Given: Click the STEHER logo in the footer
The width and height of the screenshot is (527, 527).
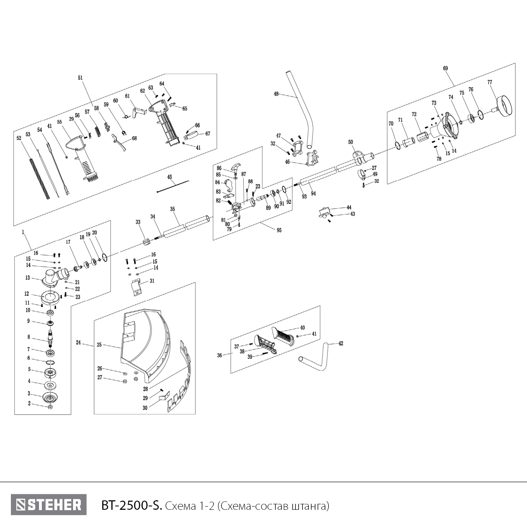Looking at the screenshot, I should point(48,505).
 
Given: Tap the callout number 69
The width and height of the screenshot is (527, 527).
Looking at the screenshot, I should point(445,68).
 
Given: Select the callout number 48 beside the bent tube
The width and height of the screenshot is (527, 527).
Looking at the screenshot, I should point(276,94).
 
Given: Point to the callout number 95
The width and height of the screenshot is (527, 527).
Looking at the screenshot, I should point(279,230).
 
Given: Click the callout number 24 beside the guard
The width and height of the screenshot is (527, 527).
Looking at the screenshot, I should point(78,342).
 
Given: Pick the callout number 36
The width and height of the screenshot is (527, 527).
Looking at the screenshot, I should point(220,356).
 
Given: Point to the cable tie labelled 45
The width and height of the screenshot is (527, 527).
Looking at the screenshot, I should point(173,186).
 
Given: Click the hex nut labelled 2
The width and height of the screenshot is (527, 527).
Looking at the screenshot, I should point(50,407).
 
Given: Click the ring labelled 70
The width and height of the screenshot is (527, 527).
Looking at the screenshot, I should point(397,145).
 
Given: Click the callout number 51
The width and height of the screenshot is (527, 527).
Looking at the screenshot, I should point(80,78).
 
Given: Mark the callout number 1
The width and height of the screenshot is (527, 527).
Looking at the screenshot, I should point(23,232).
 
